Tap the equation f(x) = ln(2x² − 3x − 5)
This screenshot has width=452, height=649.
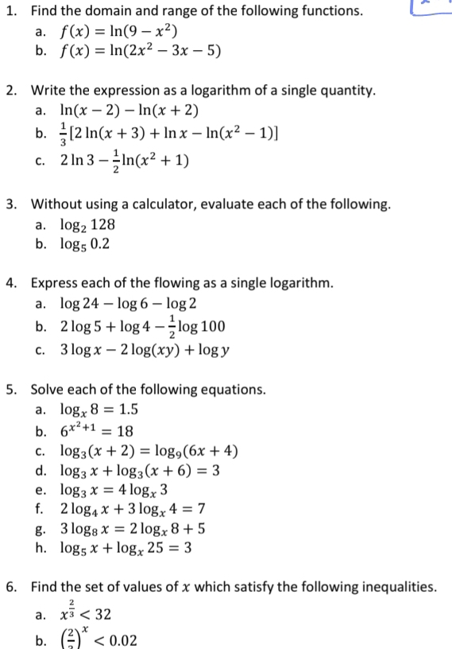click(x=141, y=52)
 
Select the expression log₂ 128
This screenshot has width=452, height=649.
click(x=88, y=225)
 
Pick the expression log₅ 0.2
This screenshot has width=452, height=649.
click(x=85, y=244)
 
